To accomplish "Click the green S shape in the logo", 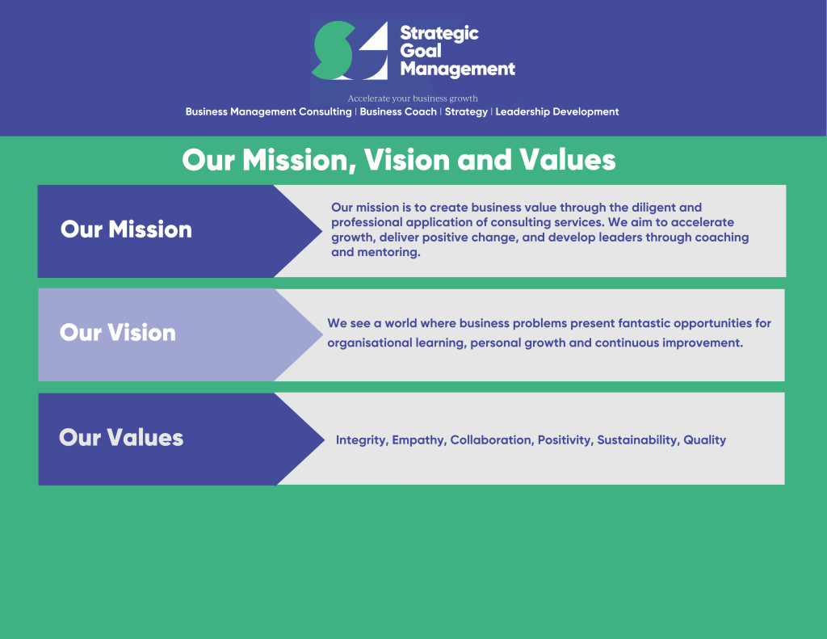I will point(333,50).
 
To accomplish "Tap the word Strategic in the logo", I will point(439,33).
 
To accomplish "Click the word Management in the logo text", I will point(457,69).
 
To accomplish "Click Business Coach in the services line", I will point(398,111).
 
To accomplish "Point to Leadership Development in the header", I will point(556,111).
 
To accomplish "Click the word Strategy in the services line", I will point(466,111).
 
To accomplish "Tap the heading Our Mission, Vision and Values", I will point(399,160).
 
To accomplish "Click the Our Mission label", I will point(126,229).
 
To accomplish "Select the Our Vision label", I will point(118,333).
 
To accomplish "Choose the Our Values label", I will point(121,438).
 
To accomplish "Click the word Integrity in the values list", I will point(361,440).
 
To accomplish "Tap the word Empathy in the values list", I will point(418,440).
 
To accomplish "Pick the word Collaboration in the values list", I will point(491,440).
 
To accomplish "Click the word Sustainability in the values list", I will point(637,440).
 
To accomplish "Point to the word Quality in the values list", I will point(705,440).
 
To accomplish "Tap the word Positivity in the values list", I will point(565,440).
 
